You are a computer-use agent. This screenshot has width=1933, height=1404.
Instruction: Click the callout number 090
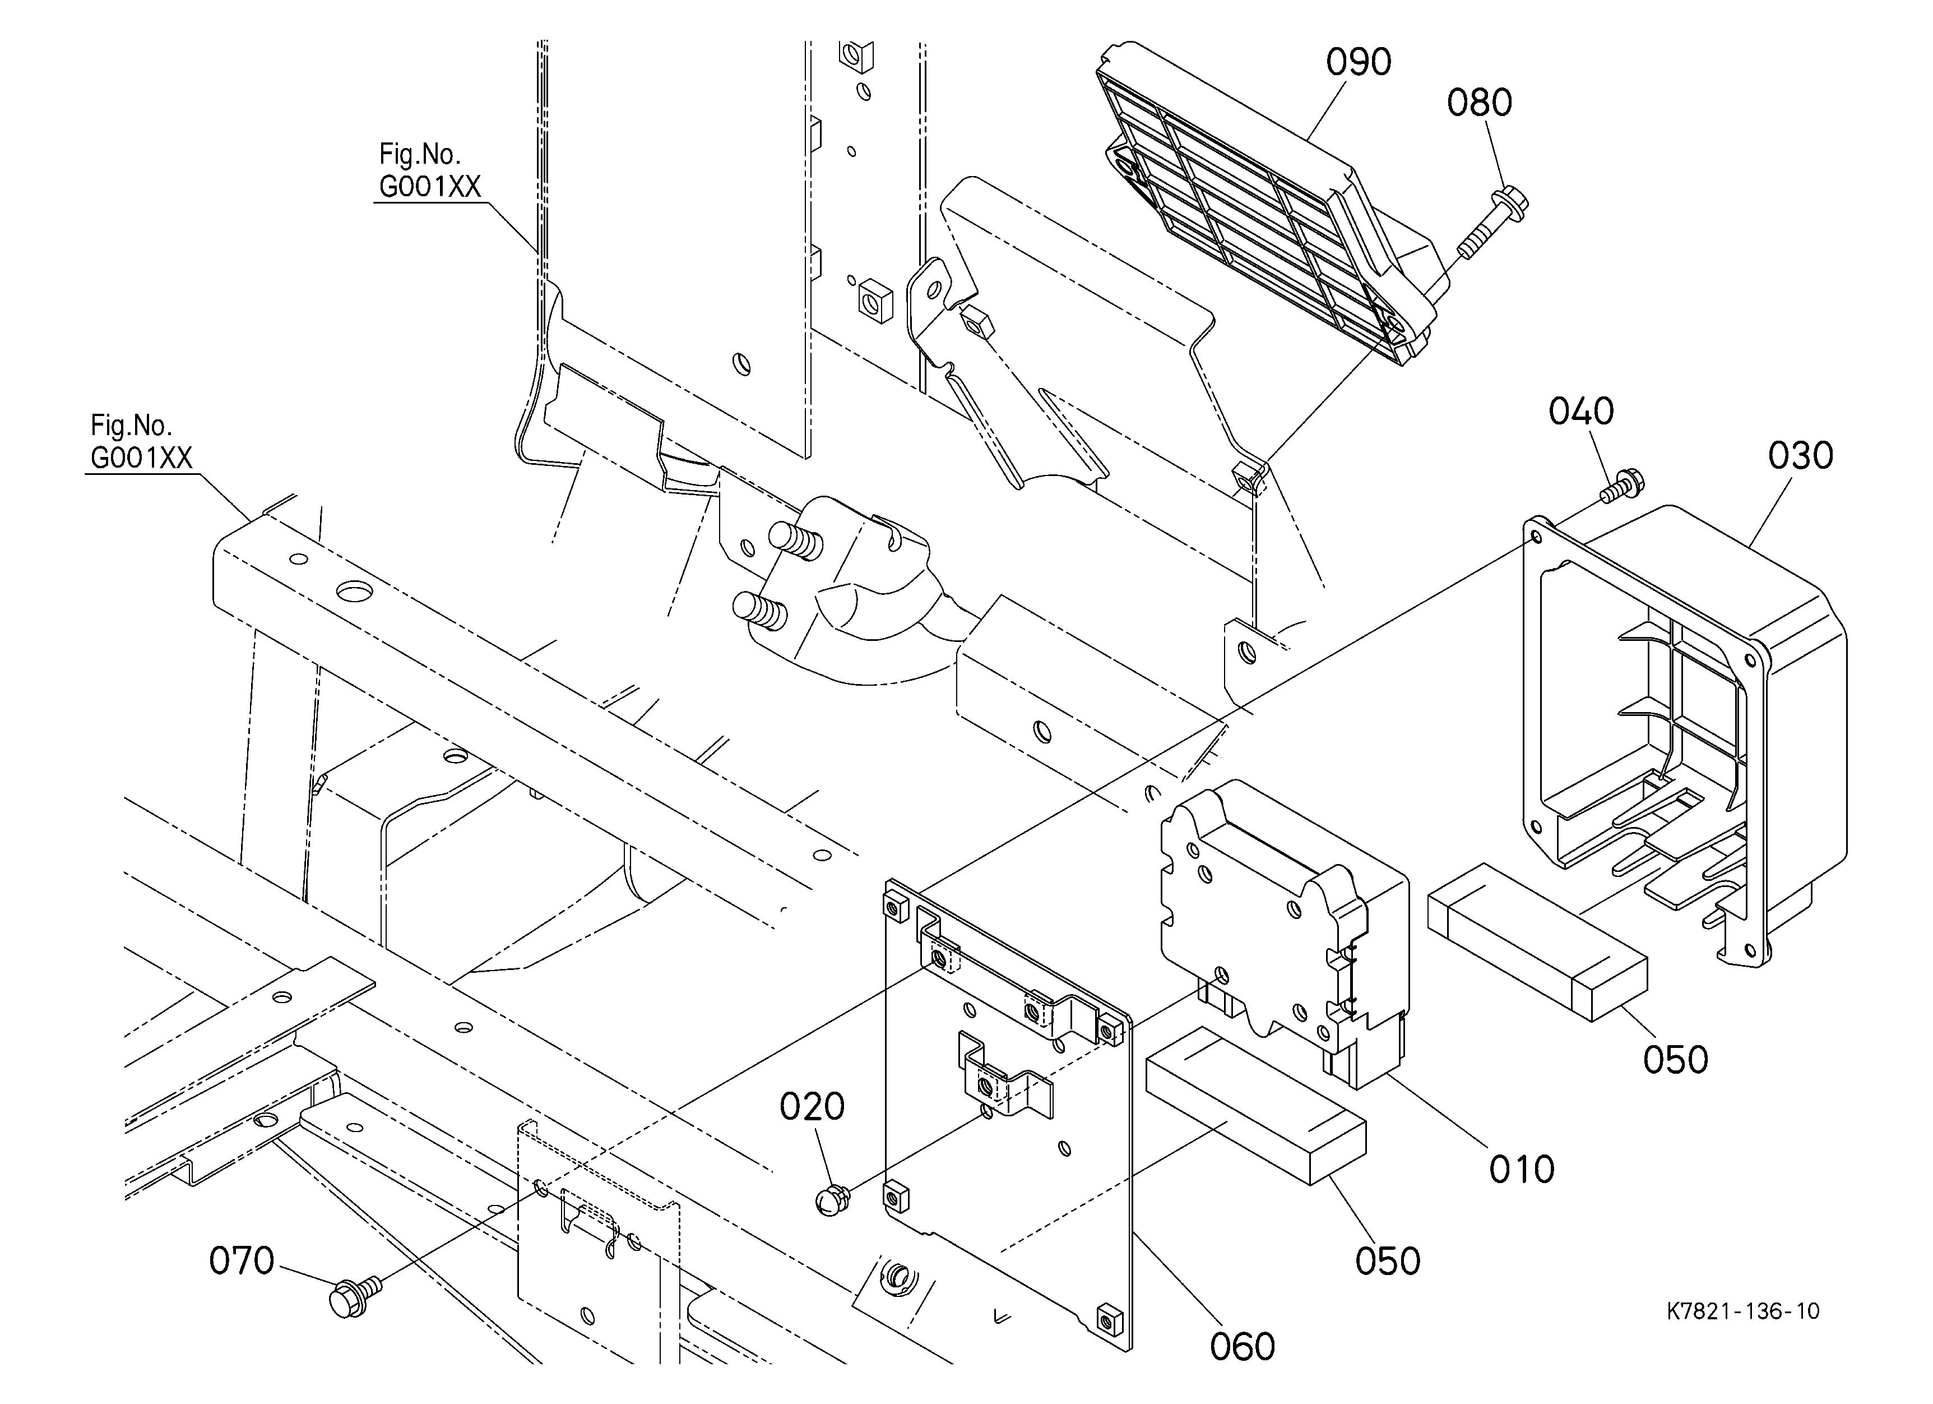point(1359,62)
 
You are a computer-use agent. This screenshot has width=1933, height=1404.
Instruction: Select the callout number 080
point(1480,103)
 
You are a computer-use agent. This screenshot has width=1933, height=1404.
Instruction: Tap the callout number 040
point(1581,412)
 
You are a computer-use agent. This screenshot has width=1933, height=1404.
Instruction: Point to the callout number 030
point(1800,456)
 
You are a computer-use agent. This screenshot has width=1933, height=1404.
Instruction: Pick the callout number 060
point(1243,1346)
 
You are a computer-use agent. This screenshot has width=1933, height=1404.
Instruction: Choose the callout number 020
point(812,1106)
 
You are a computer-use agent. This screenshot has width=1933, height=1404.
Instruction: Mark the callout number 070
point(242,1261)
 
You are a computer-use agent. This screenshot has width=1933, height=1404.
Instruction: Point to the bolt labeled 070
point(354,1296)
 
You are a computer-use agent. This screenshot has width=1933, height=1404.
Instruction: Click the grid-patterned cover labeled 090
point(1270,205)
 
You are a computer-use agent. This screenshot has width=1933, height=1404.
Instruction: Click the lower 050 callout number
point(1388,1261)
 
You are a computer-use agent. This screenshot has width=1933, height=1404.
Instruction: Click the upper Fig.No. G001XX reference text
point(429,170)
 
